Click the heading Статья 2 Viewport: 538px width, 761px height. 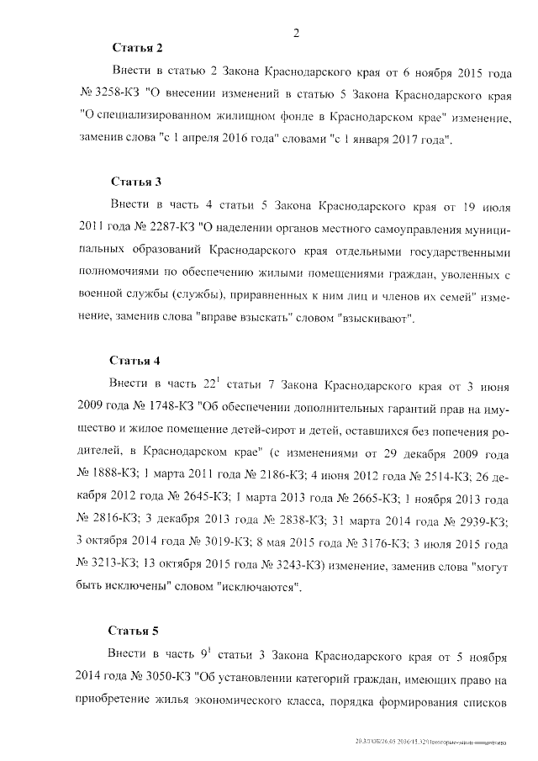point(135,46)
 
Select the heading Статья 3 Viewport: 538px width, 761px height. point(135,181)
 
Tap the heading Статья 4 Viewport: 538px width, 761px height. point(135,361)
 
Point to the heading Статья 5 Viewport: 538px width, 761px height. point(135,629)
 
